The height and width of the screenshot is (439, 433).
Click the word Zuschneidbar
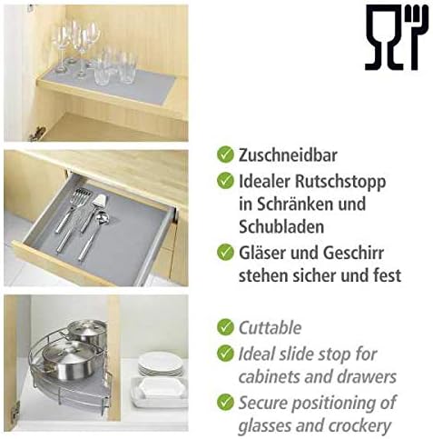click(288, 155)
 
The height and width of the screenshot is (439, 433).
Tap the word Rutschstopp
click(340, 183)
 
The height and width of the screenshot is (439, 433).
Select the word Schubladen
click(281, 226)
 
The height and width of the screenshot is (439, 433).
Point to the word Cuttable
click(270, 327)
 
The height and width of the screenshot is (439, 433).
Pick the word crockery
click(359, 426)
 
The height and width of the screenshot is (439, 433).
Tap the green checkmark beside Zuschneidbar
click(225, 155)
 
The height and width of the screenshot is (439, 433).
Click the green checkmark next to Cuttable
click(225, 327)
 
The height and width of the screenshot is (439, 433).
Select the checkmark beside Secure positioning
click(225, 402)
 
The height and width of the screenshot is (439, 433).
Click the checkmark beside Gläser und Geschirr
click(225, 252)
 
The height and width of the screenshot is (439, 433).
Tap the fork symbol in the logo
click(418, 37)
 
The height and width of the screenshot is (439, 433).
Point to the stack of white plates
click(161, 364)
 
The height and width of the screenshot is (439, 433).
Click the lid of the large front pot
click(65, 353)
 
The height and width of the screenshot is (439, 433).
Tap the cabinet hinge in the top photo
click(37, 134)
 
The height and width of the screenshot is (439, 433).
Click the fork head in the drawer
click(82, 197)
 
